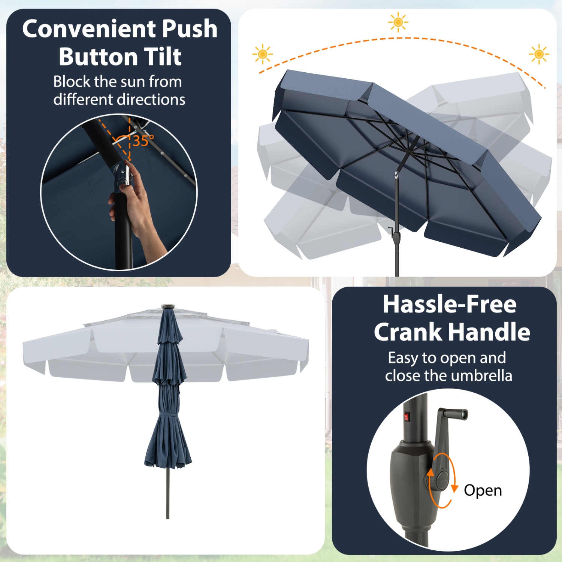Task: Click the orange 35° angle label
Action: click(x=143, y=141)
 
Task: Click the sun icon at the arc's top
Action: click(x=398, y=22)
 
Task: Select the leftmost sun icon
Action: click(x=263, y=54)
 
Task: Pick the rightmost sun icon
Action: click(x=539, y=54)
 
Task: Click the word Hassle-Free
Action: click(x=449, y=304)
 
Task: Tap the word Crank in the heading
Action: click(x=408, y=332)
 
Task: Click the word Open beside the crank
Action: click(x=483, y=490)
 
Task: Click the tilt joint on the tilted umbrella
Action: click(x=396, y=175)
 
